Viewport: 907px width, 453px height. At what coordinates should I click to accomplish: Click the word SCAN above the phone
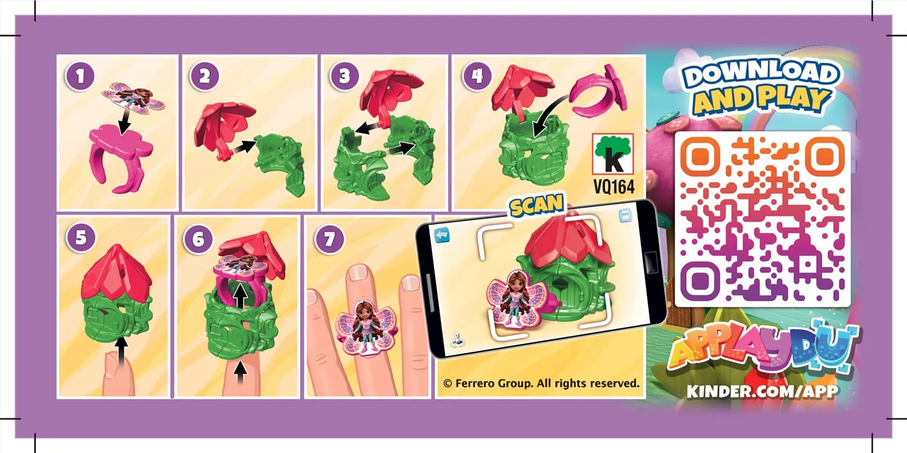pyautogui.click(x=536, y=206)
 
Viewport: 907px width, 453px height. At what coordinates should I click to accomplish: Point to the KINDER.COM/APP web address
pyautogui.click(x=762, y=391)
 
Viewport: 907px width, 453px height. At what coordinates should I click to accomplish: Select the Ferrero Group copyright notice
pyautogui.click(x=541, y=383)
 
